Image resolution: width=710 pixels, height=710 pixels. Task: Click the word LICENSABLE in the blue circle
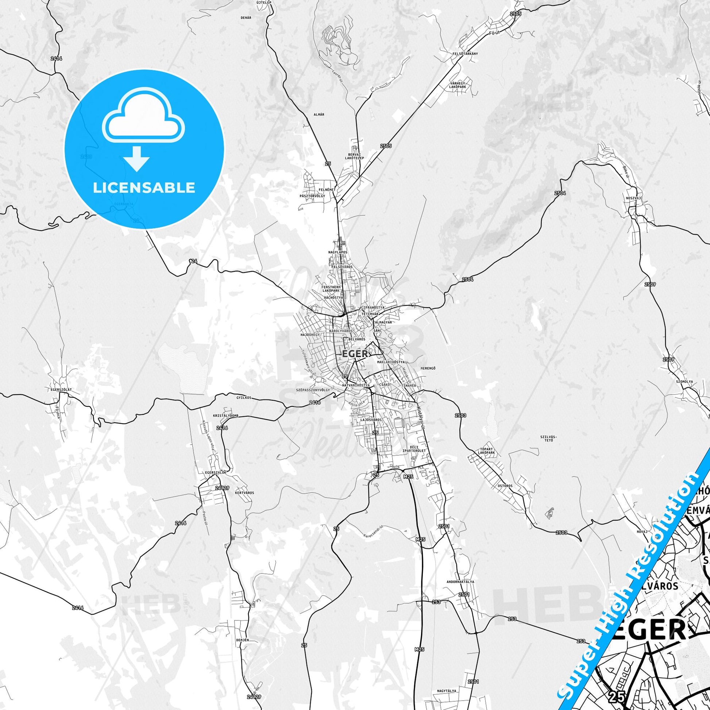coord(144,188)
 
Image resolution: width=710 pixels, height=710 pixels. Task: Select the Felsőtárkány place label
coord(465,54)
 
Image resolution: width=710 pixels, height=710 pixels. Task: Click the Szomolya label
coord(684,382)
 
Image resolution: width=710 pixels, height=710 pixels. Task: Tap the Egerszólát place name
coord(62,389)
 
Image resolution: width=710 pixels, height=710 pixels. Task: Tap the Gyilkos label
coord(243,398)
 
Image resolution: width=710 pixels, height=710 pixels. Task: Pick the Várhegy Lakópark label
coord(458,85)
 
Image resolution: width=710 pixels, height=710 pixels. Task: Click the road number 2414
coord(57,58)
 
